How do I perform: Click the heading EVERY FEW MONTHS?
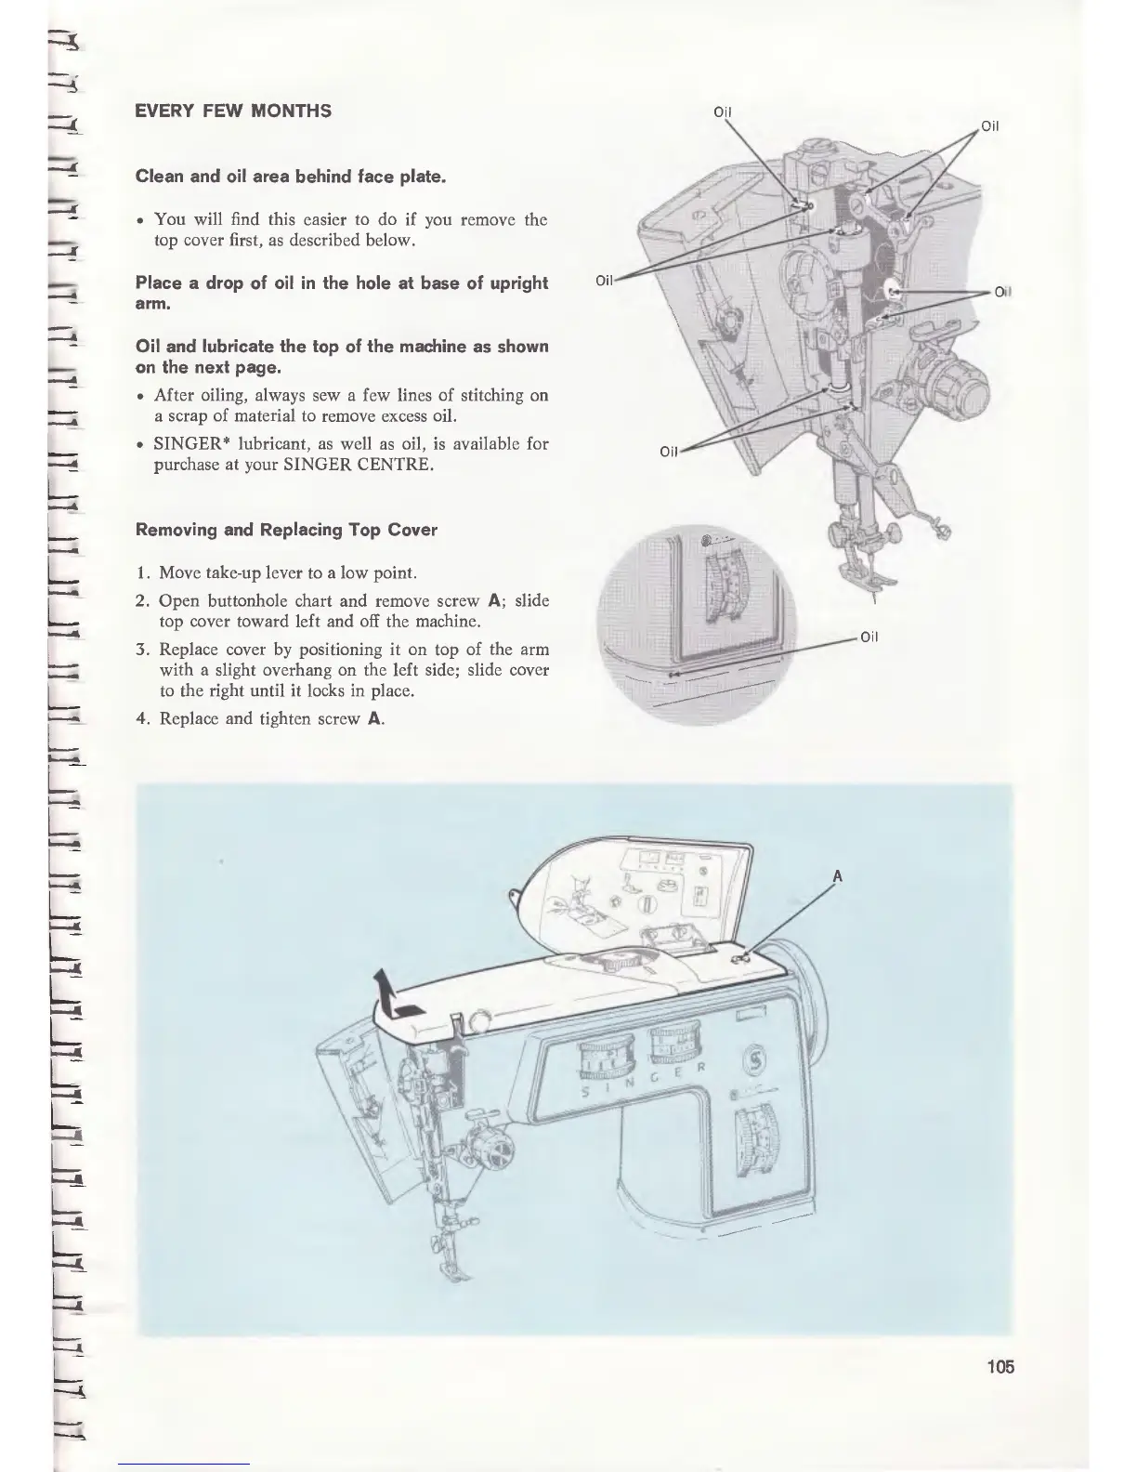point(233,112)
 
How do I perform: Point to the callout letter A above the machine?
point(838,875)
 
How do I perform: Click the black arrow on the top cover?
point(395,997)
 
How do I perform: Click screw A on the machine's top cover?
point(740,957)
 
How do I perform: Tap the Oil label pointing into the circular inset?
point(869,637)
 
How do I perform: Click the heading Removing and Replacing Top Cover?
point(286,530)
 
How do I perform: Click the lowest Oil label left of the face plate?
point(669,452)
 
